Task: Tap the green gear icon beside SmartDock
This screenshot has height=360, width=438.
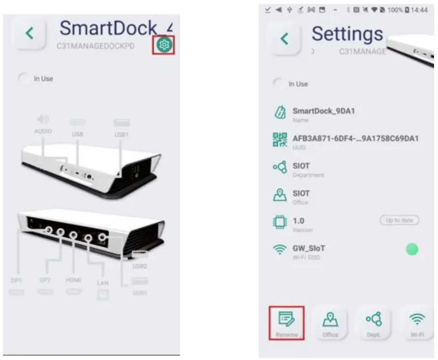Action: pos(165,45)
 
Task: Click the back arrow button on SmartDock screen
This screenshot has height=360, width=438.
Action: pos(30,33)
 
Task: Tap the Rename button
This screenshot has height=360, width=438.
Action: pos(287,322)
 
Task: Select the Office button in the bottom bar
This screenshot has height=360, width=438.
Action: pos(330,322)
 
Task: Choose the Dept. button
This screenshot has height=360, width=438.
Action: pos(374,322)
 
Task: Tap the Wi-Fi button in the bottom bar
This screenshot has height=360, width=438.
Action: pos(417,322)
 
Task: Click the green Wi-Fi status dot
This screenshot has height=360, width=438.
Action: pos(411,249)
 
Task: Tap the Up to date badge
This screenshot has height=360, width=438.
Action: pos(399,221)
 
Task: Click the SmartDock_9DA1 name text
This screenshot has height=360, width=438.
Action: pos(323,111)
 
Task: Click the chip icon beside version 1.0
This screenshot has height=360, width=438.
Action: pos(280,222)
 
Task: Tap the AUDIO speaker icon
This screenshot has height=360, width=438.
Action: pos(43,119)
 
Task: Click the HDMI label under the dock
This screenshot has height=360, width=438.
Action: pos(74,280)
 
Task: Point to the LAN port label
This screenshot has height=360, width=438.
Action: pos(103,283)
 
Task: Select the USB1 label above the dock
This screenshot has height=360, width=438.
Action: pos(121,134)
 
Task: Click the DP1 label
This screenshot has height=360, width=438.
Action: pos(16,280)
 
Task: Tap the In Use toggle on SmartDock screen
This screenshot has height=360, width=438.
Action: pos(24,79)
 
